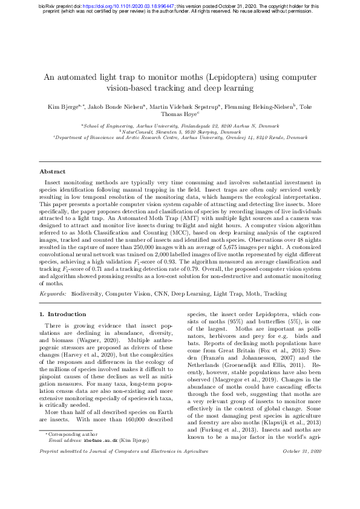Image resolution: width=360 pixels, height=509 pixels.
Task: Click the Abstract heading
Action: point(53,171)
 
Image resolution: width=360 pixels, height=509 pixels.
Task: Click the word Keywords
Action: point(53,293)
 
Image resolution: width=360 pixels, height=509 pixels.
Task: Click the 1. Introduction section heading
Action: point(63,314)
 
